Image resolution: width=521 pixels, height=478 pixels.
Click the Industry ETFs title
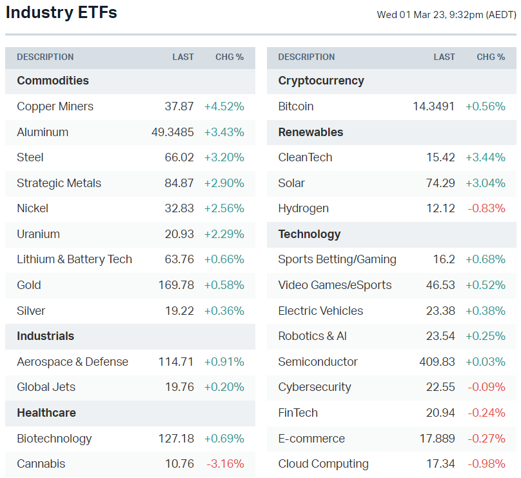click(x=61, y=13)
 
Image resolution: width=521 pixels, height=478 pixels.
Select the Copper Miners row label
click(x=55, y=106)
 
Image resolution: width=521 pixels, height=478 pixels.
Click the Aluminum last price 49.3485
click(x=172, y=132)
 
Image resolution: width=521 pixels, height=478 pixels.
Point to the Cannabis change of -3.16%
click(x=225, y=464)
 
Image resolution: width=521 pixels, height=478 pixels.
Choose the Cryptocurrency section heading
click(x=321, y=81)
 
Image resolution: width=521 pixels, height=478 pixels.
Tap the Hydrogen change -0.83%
click(x=486, y=208)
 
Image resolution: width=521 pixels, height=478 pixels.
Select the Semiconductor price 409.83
click(x=437, y=362)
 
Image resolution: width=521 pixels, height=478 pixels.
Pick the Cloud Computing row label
click(x=323, y=464)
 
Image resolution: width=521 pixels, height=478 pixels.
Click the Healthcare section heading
click(x=46, y=413)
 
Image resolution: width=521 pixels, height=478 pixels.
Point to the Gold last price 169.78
click(x=176, y=285)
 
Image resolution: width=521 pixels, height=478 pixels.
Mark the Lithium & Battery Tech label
click(x=74, y=259)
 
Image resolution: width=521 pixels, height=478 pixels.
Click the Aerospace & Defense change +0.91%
click(x=224, y=362)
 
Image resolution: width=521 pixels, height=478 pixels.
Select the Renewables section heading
click(x=311, y=132)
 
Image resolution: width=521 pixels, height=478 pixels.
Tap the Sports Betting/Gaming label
click(x=337, y=259)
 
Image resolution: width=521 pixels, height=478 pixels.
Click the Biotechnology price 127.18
click(x=176, y=439)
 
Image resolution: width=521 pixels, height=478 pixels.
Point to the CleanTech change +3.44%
click(x=486, y=157)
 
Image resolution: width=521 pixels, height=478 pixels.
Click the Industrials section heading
click(x=45, y=336)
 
